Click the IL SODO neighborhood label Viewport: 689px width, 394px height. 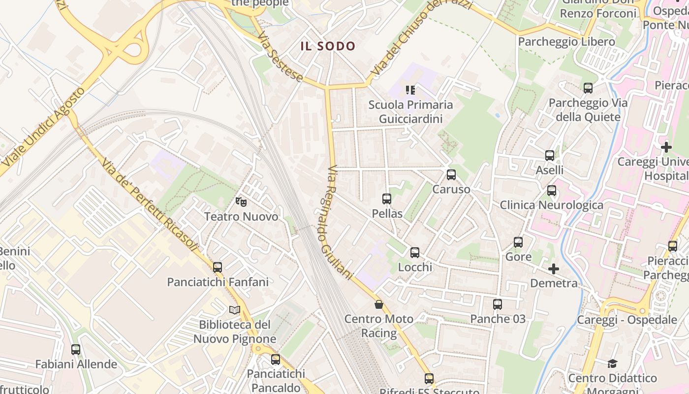point(328,46)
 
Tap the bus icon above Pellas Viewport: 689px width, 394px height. point(387,199)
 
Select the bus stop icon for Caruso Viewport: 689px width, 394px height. point(451,175)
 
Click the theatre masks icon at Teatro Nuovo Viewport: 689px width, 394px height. point(241,201)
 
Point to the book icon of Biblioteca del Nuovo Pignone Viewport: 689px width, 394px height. point(235,310)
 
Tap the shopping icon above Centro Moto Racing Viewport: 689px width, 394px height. point(379,304)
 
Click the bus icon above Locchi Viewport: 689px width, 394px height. point(415,253)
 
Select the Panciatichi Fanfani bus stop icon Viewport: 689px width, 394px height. point(218,267)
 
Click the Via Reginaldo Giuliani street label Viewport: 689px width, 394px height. point(340,222)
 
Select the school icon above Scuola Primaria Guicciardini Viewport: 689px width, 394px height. point(410,90)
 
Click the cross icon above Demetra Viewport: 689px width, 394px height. point(554,269)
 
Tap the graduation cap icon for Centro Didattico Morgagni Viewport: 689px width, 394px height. point(612,363)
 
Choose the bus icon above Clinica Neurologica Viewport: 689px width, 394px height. point(552,191)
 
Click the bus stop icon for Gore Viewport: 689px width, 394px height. point(518,242)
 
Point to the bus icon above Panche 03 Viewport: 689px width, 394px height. point(498,304)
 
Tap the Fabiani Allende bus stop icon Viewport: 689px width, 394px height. point(76,350)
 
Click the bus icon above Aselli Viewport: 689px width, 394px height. point(550,156)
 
